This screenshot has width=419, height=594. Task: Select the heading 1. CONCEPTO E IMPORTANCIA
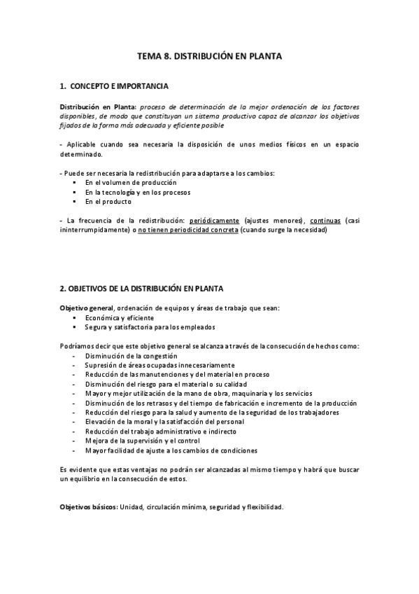[x=114, y=87]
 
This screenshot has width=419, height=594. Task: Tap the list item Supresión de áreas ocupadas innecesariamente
[x=160, y=365]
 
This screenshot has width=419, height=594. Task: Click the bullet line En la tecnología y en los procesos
[x=138, y=192]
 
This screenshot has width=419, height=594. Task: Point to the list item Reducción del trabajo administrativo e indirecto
[x=160, y=431]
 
